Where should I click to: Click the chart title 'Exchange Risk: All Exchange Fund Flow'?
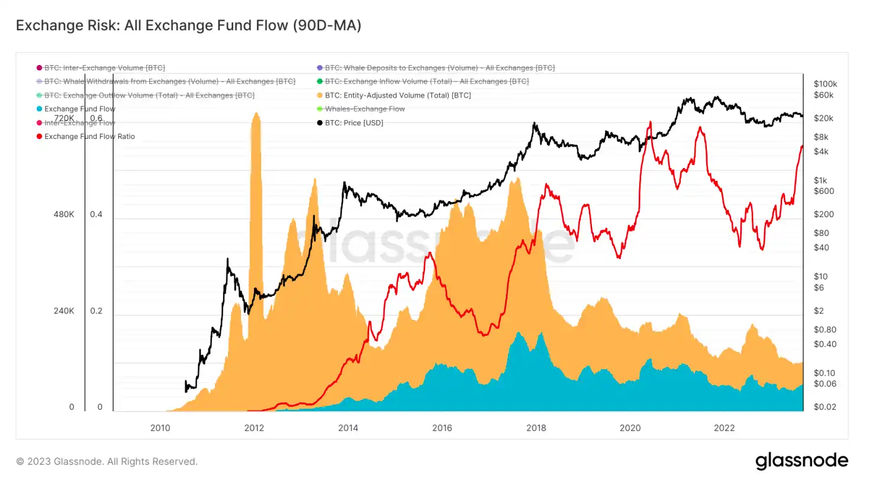(188, 25)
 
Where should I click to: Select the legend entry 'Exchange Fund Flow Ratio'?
(89, 137)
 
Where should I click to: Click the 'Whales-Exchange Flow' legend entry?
(365, 109)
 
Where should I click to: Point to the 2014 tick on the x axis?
(348, 428)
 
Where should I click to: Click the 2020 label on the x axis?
(630, 428)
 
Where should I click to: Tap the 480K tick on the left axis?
(63, 215)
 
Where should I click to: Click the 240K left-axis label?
(63, 311)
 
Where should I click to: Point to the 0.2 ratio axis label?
(96, 311)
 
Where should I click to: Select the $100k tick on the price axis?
(825, 83)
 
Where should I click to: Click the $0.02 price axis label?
(824, 407)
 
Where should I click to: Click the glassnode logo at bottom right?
(801, 461)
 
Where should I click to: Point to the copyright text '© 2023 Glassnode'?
(107, 461)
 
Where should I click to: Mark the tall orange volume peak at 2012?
(256, 118)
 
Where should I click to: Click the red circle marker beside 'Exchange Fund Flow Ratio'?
(40, 137)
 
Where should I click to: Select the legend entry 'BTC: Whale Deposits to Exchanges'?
(440, 68)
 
